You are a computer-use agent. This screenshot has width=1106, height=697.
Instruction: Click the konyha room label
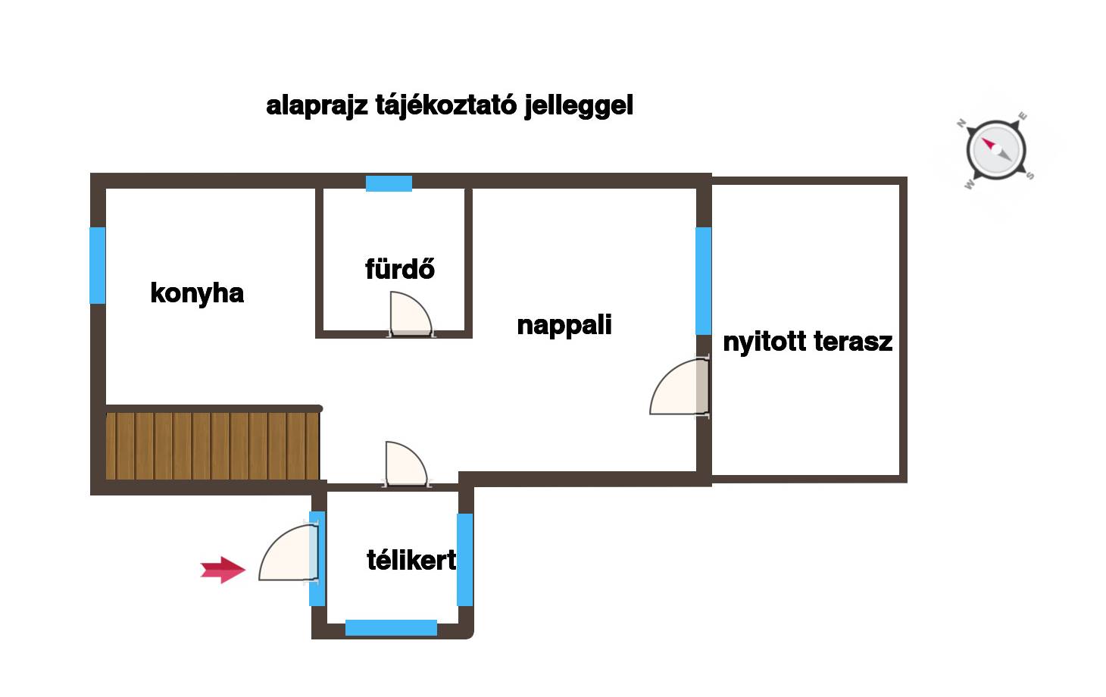click(197, 294)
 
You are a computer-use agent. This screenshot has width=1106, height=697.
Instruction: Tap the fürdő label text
click(400, 269)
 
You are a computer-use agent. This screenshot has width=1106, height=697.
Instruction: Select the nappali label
click(564, 326)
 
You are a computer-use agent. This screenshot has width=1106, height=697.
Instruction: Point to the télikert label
click(411, 561)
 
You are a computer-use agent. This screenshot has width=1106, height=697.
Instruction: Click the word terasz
click(853, 342)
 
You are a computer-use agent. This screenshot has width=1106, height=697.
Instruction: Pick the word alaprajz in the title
click(317, 105)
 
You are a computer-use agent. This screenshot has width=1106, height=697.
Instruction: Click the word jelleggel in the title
click(579, 105)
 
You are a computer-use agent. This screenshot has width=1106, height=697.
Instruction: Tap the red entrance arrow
click(223, 570)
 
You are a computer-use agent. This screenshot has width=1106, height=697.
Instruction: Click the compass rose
click(996, 151)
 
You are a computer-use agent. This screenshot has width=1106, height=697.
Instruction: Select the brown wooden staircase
click(213, 445)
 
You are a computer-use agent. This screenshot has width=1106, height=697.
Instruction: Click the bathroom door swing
click(411, 314)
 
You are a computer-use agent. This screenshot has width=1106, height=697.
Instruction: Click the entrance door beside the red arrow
click(289, 552)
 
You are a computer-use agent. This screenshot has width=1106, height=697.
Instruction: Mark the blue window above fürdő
click(389, 183)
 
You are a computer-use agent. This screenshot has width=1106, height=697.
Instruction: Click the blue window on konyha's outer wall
click(98, 266)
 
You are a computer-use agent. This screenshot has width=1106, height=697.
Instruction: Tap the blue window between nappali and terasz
click(704, 281)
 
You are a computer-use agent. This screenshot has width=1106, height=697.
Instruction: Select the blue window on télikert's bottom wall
click(391, 627)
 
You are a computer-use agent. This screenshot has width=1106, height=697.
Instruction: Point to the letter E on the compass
click(1023, 117)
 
